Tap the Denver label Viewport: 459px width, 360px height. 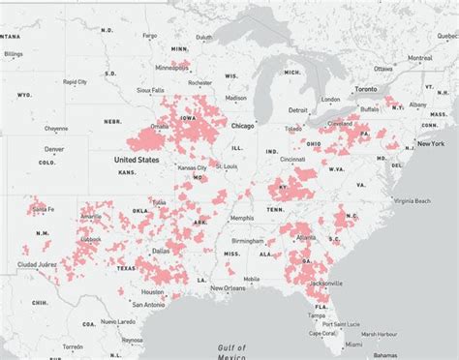click(54, 149)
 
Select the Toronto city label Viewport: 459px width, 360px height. click(364, 85)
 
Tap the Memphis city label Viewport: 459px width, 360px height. click(242, 218)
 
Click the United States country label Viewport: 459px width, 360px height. click(137, 160)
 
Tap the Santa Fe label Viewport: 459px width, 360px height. click(42, 209)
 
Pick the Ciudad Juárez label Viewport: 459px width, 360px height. click(37, 263)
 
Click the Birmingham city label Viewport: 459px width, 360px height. click(269, 241)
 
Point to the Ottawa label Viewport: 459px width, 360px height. click(383, 68)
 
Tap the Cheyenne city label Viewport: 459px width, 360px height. click(56, 128)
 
